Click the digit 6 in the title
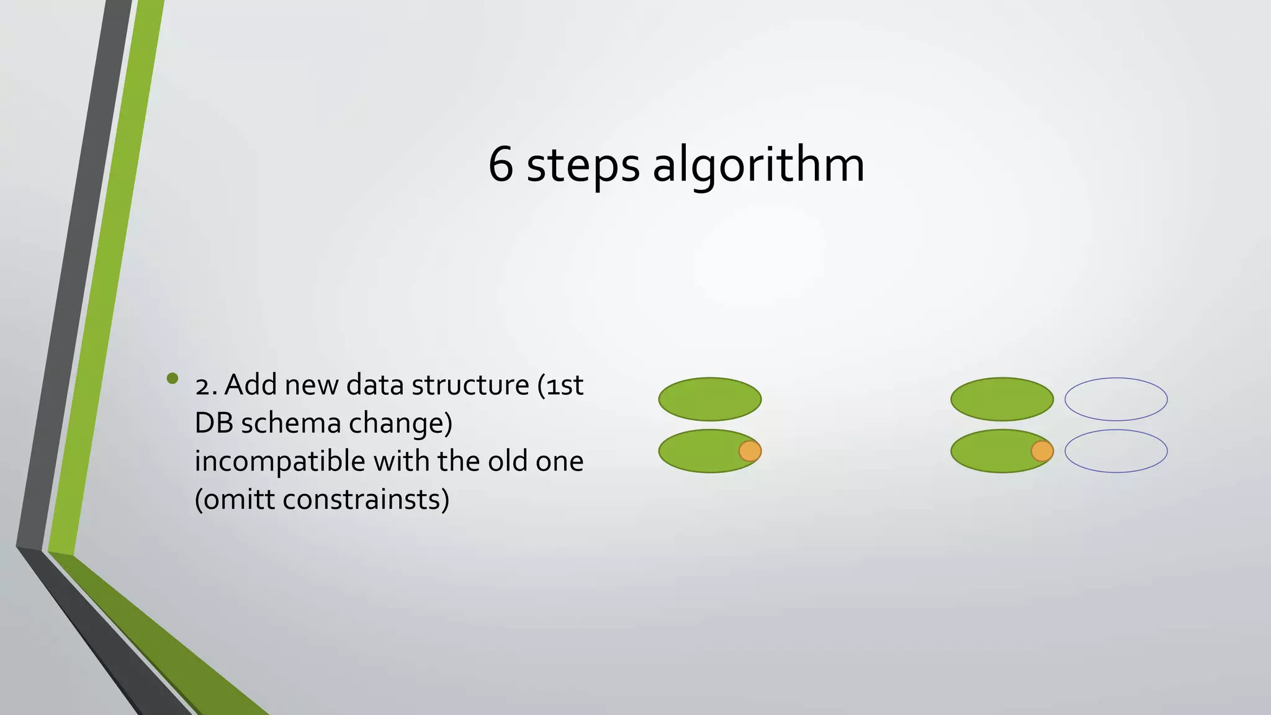tap(501, 164)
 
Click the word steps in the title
tap(583, 166)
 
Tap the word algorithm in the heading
tap(758, 166)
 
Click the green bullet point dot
tap(173, 378)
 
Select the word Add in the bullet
tap(251, 385)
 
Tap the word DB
tap(214, 423)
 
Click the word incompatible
tap(280, 462)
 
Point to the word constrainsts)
tap(366, 500)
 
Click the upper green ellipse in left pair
tap(709, 399)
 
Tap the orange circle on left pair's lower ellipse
tap(750, 451)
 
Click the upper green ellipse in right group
tap(1002, 399)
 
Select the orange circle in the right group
tap(1042, 451)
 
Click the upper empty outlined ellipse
tap(1116, 399)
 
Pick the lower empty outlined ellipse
tap(1116, 451)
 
